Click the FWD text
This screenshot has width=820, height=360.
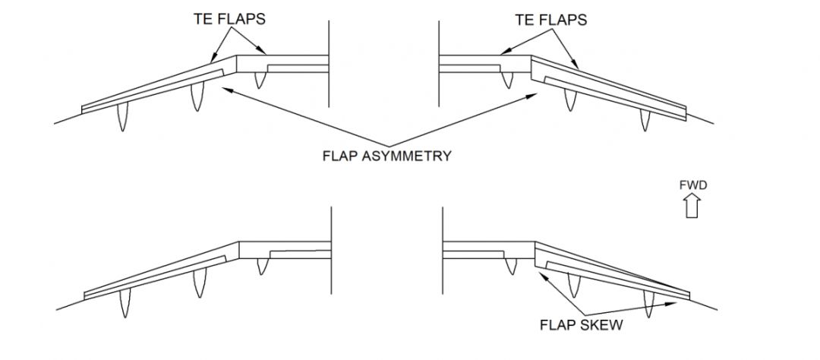tap(692, 185)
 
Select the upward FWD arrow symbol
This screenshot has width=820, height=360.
tap(692, 205)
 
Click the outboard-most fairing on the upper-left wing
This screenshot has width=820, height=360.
tap(121, 119)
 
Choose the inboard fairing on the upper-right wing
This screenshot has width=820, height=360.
tap(507, 77)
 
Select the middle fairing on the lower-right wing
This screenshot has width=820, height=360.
tap(573, 284)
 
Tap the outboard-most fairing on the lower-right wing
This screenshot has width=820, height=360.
tap(648, 305)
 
